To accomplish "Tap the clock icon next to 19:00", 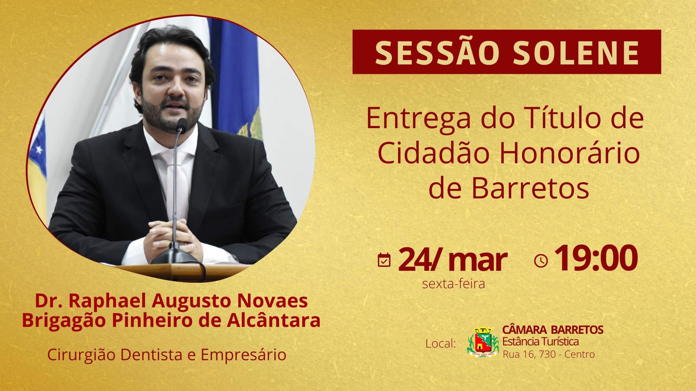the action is point(541,261).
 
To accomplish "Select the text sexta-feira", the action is point(453,284).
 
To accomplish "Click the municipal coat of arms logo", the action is point(483,342).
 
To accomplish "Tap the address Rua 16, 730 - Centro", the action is point(548,354).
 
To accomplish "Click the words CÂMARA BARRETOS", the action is point(553,330).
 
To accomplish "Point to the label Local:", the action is point(440,343).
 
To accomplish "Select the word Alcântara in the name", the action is point(273,320).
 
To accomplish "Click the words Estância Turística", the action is point(540,341).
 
